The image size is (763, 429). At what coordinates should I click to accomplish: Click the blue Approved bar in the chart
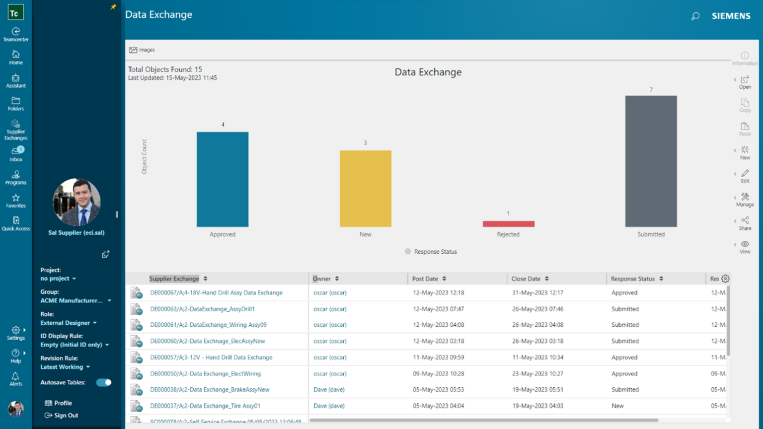click(223, 179)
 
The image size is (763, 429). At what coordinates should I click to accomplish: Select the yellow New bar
click(365, 189)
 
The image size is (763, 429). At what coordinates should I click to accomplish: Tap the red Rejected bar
click(508, 224)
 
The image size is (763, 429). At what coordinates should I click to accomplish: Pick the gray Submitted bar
click(651, 161)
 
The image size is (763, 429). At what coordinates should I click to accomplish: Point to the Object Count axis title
click(144, 157)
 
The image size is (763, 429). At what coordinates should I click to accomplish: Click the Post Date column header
click(425, 279)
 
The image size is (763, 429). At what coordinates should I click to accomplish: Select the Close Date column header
click(526, 279)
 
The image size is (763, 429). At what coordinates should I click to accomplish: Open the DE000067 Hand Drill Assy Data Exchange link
click(216, 293)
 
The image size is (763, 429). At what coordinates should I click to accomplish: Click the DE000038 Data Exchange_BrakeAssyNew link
click(210, 390)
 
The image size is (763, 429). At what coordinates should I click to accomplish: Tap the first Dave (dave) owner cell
click(329, 390)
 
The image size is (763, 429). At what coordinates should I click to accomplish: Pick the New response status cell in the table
click(617, 406)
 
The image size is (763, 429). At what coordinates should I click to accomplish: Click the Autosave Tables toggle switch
click(104, 382)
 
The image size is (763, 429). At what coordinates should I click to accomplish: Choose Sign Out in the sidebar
click(66, 416)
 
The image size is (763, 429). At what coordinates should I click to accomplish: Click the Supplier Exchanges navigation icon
click(16, 130)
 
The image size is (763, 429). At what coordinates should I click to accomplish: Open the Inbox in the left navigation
click(16, 153)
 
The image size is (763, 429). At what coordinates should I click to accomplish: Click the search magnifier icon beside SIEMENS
click(695, 16)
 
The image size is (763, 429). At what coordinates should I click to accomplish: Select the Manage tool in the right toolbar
click(745, 200)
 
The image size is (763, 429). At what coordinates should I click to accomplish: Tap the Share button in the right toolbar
click(745, 223)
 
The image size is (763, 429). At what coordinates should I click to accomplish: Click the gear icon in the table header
click(725, 279)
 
